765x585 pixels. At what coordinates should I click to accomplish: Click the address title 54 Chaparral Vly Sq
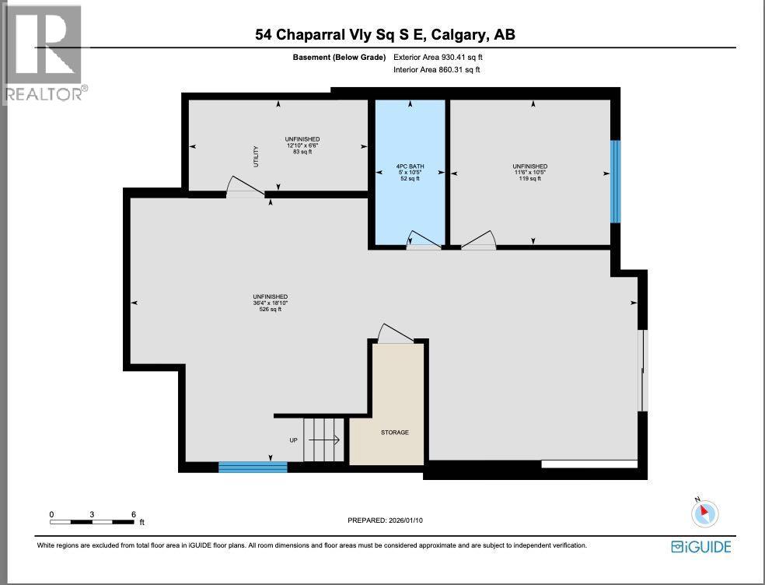pyautogui.click(x=385, y=34)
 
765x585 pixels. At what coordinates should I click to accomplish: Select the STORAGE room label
pyautogui.click(x=394, y=433)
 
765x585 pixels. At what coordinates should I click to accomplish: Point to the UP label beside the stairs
pyautogui.click(x=293, y=440)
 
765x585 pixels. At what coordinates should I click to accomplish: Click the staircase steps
pyautogui.click(x=323, y=440)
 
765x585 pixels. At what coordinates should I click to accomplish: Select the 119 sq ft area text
pyautogui.click(x=529, y=179)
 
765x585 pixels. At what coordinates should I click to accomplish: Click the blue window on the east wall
pyautogui.click(x=615, y=181)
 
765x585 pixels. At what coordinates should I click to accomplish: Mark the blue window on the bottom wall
pyautogui.click(x=253, y=467)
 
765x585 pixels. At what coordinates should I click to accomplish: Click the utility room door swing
pyautogui.click(x=243, y=186)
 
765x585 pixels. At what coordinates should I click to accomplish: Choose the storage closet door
pyautogui.click(x=394, y=333)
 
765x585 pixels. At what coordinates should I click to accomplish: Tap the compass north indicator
pyautogui.click(x=704, y=513)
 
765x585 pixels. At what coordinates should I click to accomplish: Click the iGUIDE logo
pyautogui.click(x=701, y=547)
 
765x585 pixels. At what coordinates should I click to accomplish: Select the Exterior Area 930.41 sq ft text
pyautogui.click(x=443, y=57)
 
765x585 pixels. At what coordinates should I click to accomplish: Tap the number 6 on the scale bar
pyautogui.click(x=134, y=514)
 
